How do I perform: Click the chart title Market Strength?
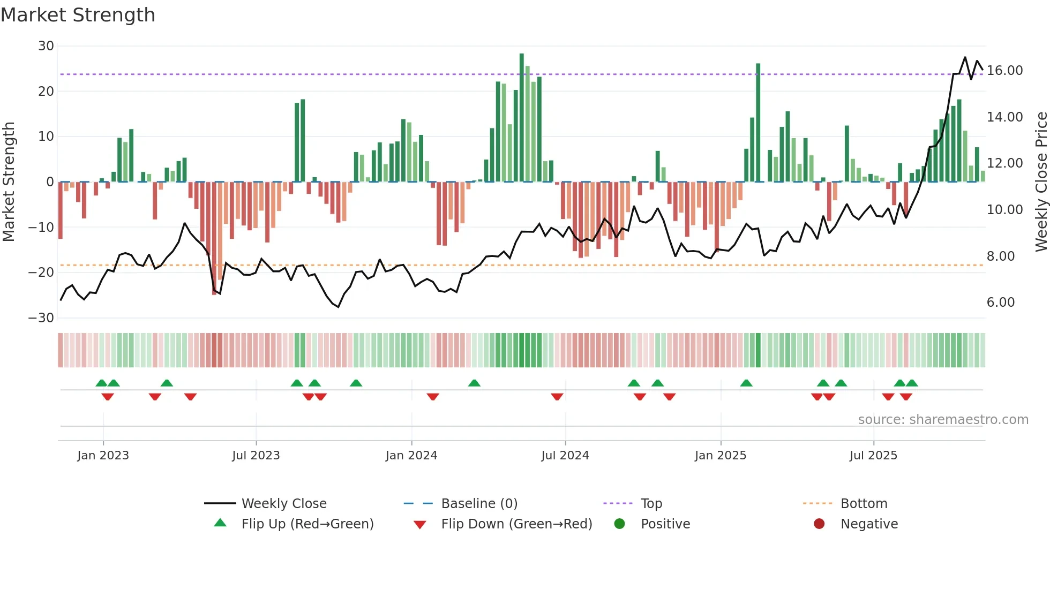78,15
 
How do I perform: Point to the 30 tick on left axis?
46,46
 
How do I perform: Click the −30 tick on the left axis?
41,318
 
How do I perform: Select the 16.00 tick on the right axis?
1004,71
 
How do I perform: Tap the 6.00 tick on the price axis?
1000,302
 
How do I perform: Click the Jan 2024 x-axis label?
411,456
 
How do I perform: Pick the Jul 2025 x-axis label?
873,456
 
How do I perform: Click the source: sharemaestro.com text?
943,420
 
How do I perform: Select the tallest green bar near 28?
522,118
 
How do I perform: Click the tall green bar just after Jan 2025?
758,123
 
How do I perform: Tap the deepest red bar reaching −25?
214,238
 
